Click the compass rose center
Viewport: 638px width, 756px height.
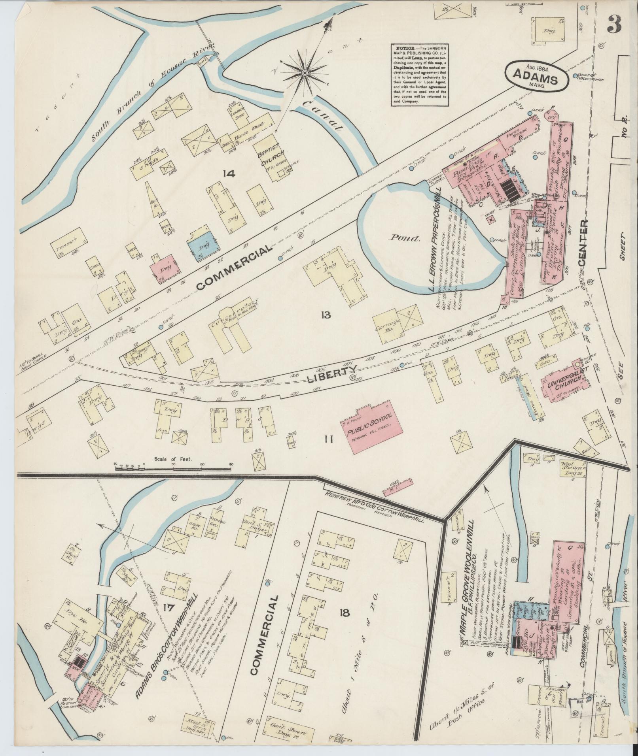point(305,73)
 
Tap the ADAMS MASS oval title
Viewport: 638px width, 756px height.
point(537,78)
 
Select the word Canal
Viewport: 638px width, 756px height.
point(322,115)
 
